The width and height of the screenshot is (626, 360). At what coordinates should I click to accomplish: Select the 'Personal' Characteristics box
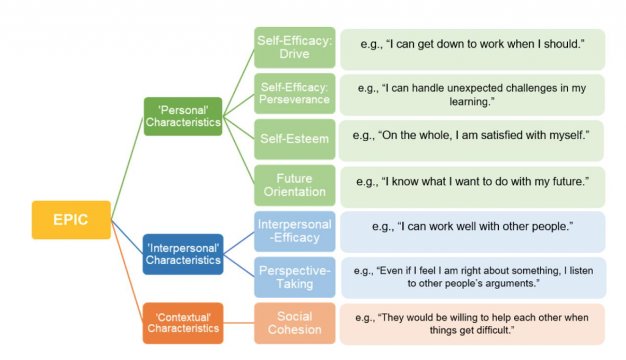click(x=183, y=116)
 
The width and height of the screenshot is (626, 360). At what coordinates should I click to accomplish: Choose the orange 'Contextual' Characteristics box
click(x=183, y=323)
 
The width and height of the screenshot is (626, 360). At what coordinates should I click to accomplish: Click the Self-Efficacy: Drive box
click(x=295, y=47)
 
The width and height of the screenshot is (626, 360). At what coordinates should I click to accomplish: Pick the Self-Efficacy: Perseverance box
click(x=295, y=94)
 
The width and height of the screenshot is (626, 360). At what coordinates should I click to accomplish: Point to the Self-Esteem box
click(x=295, y=139)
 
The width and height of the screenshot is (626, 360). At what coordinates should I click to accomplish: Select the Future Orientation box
click(x=295, y=185)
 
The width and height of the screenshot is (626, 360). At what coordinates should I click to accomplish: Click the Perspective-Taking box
click(x=295, y=277)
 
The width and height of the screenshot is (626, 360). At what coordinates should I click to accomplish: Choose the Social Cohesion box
click(x=295, y=323)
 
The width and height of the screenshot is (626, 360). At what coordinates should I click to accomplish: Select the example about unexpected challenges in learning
click(x=472, y=94)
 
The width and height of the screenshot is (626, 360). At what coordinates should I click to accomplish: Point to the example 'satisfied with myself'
click(x=472, y=135)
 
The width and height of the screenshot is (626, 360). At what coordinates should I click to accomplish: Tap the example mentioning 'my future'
click(x=472, y=182)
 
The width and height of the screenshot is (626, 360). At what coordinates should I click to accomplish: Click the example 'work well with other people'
click(x=472, y=227)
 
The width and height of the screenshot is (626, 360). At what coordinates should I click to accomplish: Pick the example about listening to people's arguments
click(x=472, y=277)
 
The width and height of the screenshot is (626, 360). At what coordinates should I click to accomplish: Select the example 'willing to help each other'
click(x=472, y=324)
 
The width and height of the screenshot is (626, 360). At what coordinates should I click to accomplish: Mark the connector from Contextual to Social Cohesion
click(x=238, y=323)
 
